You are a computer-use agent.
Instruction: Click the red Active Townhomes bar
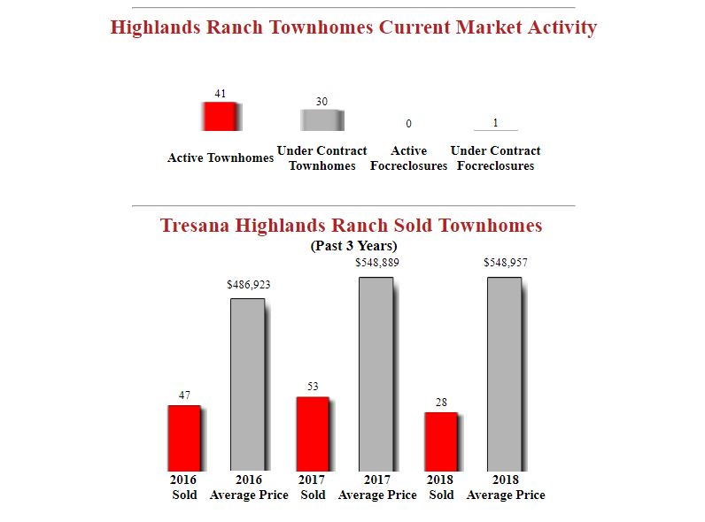(221, 116)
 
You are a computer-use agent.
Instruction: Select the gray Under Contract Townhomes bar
(322, 120)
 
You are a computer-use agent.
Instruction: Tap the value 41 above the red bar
(221, 93)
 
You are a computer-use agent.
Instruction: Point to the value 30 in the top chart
(322, 102)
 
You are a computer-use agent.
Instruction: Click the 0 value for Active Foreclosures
(408, 124)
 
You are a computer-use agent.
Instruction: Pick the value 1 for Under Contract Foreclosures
(495, 122)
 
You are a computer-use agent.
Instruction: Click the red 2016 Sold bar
(184, 438)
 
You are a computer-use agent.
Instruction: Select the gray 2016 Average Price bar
(248, 384)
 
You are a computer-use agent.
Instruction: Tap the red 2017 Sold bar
(313, 434)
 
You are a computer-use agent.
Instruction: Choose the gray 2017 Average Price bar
(376, 373)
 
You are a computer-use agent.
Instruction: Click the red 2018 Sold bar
(441, 441)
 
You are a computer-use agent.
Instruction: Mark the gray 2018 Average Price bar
(505, 373)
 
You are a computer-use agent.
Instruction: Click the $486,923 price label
(249, 285)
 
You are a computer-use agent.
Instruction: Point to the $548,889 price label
(376, 263)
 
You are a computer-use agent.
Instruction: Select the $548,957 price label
(505, 263)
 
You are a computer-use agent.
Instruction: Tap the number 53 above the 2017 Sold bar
(313, 387)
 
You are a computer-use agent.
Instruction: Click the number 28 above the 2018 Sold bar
(441, 403)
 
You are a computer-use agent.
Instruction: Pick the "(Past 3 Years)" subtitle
(353, 245)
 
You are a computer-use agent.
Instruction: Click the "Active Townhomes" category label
(221, 158)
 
